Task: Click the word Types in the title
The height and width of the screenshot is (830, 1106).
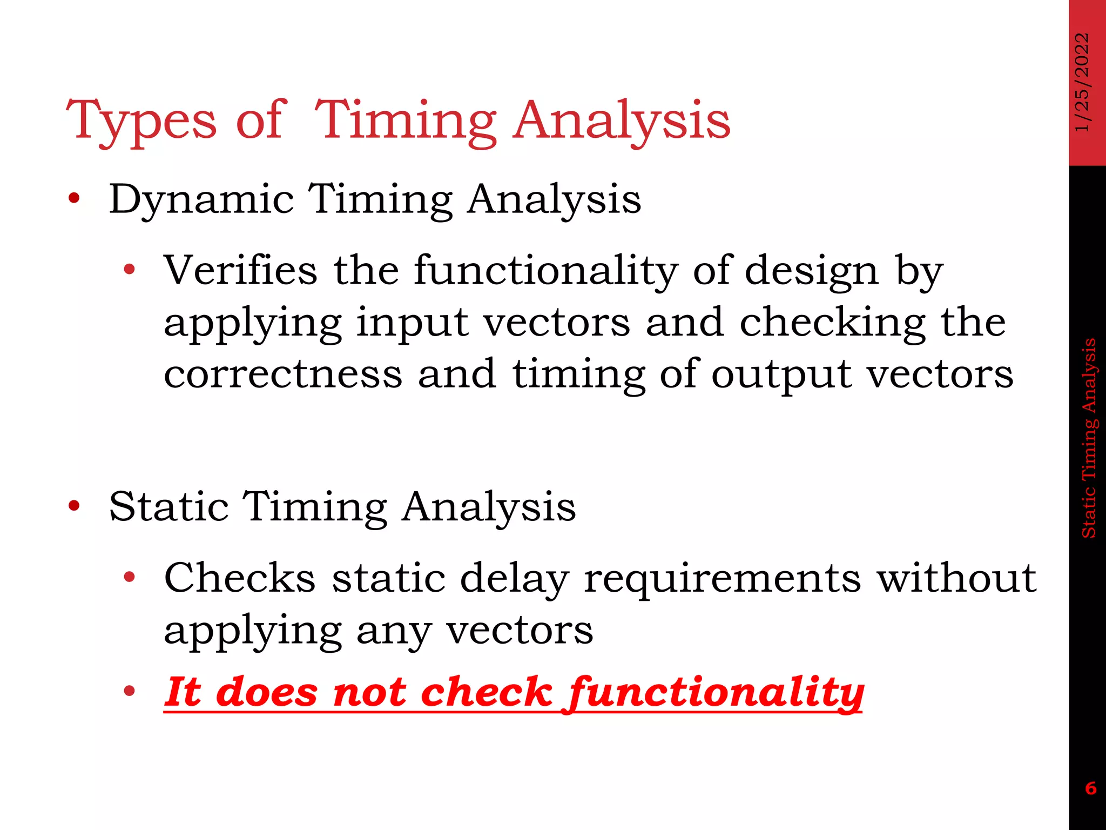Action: (141, 121)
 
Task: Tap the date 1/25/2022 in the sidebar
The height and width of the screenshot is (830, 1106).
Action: (1082, 82)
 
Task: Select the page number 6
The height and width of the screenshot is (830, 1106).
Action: (1090, 788)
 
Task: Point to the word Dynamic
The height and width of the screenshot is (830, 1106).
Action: (201, 200)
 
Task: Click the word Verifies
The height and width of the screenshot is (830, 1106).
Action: (240, 270)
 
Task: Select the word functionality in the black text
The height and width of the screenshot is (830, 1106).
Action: (546, 270)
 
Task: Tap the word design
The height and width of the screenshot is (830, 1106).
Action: (812, 270)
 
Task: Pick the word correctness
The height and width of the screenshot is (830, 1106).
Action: (283, 374)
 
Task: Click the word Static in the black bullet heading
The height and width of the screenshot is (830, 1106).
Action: (168, 507)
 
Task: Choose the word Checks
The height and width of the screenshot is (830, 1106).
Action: (239, 578)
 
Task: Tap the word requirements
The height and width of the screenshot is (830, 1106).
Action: (722, 579)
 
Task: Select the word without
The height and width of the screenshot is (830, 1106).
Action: (956, 578)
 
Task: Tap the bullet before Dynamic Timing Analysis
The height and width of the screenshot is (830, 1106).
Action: (74, 199)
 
